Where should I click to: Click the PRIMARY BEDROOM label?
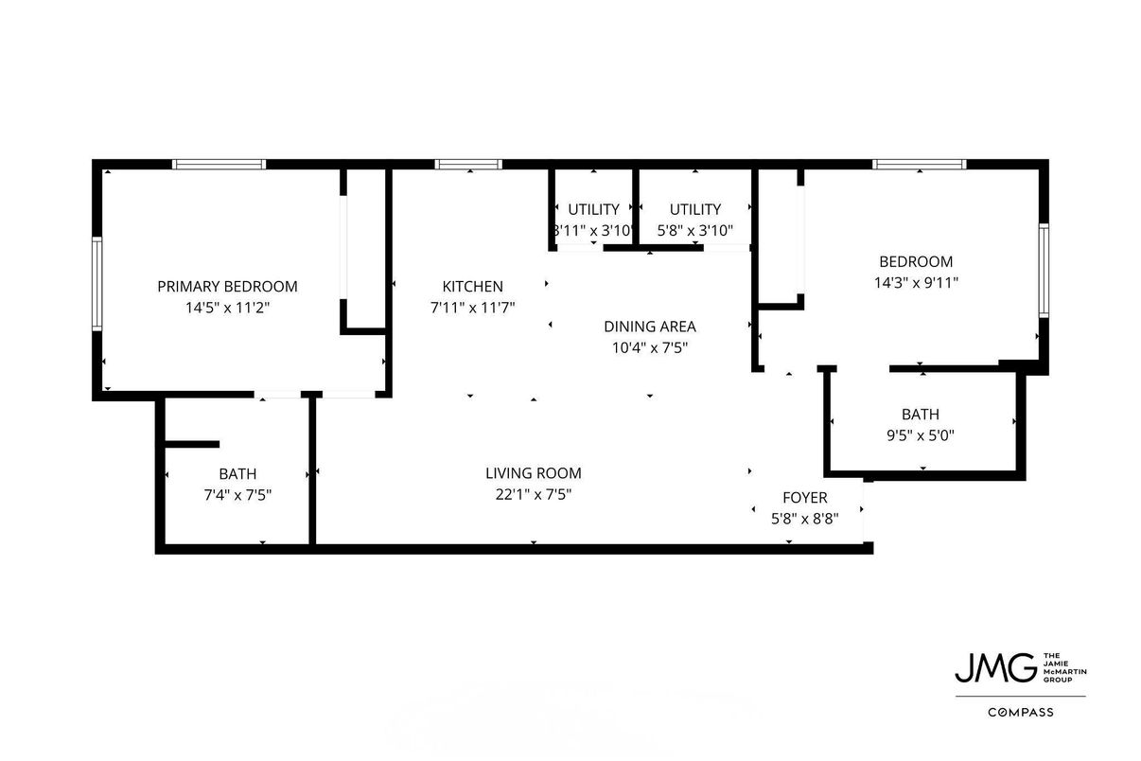(x=227, y=286)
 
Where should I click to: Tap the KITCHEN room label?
(x=472, y=286)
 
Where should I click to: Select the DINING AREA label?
(x=649, y=327)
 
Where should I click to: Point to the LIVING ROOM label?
(x=533, y=473)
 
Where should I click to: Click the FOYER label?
(x=804, y=498)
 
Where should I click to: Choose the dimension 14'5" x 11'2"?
(x=227, y=307)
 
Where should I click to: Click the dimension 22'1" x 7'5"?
(x=533, y=494)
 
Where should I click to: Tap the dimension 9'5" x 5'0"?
(x=920, y=435)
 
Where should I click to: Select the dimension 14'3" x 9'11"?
(x=915, y=282)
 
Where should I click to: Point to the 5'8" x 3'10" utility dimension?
(x=695, y=230)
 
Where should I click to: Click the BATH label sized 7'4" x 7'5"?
(x=237, y=473)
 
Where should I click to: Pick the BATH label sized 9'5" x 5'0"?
(x=920, y=415)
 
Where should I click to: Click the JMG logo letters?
(x=993, y=667)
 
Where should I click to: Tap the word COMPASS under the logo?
(x=1020, y=712)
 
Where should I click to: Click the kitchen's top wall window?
(x=468, y=164)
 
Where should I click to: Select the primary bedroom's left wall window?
(x=97, y=284)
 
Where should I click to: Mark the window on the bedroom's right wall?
(x=1044, y=270)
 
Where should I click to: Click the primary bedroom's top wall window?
(x=219, y=164)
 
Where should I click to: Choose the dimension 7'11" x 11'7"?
(x=472, y=307)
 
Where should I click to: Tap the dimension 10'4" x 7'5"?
(x=649, y=347)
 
